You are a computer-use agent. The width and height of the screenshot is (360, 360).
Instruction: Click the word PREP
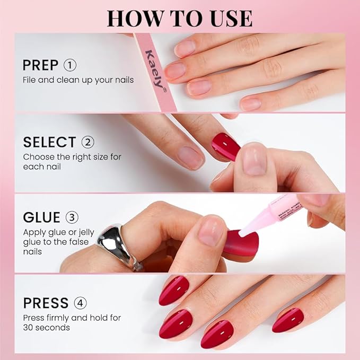click(x=40, y=65)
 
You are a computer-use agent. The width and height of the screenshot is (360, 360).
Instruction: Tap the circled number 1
click(x=70, y=65)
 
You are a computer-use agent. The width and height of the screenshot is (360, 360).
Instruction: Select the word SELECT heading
click(x=49, y=142)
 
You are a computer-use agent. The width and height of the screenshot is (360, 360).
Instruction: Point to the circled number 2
click(x=87, y=142)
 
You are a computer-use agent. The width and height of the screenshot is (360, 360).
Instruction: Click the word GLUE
click(x=41, y=218)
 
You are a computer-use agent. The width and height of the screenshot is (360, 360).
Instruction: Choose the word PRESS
click(x=46, y=303)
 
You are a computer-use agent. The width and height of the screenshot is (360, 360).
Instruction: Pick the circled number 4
click(x=81, y=303)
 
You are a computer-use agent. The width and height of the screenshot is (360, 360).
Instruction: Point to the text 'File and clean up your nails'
click(x=78, y=80)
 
